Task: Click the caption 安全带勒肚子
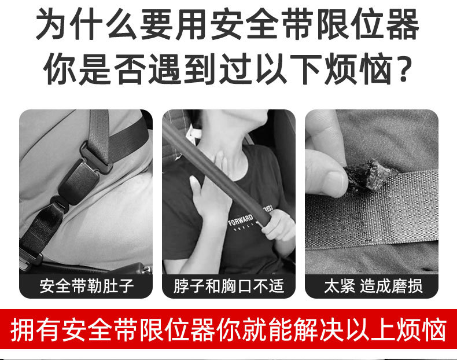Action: tap(87, 286)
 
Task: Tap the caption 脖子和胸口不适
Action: tap(229, 286)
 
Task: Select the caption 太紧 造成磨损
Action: tap(373, 286)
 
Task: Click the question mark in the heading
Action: tap(404, 68)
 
